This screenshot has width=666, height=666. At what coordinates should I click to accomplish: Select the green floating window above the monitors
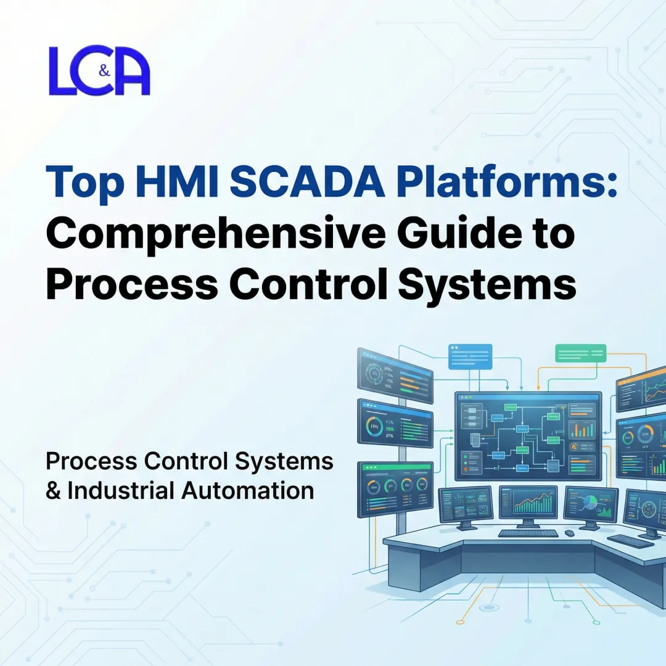580,353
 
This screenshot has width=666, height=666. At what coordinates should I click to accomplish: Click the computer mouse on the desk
569,533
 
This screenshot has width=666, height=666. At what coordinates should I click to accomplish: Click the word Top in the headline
80,181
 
